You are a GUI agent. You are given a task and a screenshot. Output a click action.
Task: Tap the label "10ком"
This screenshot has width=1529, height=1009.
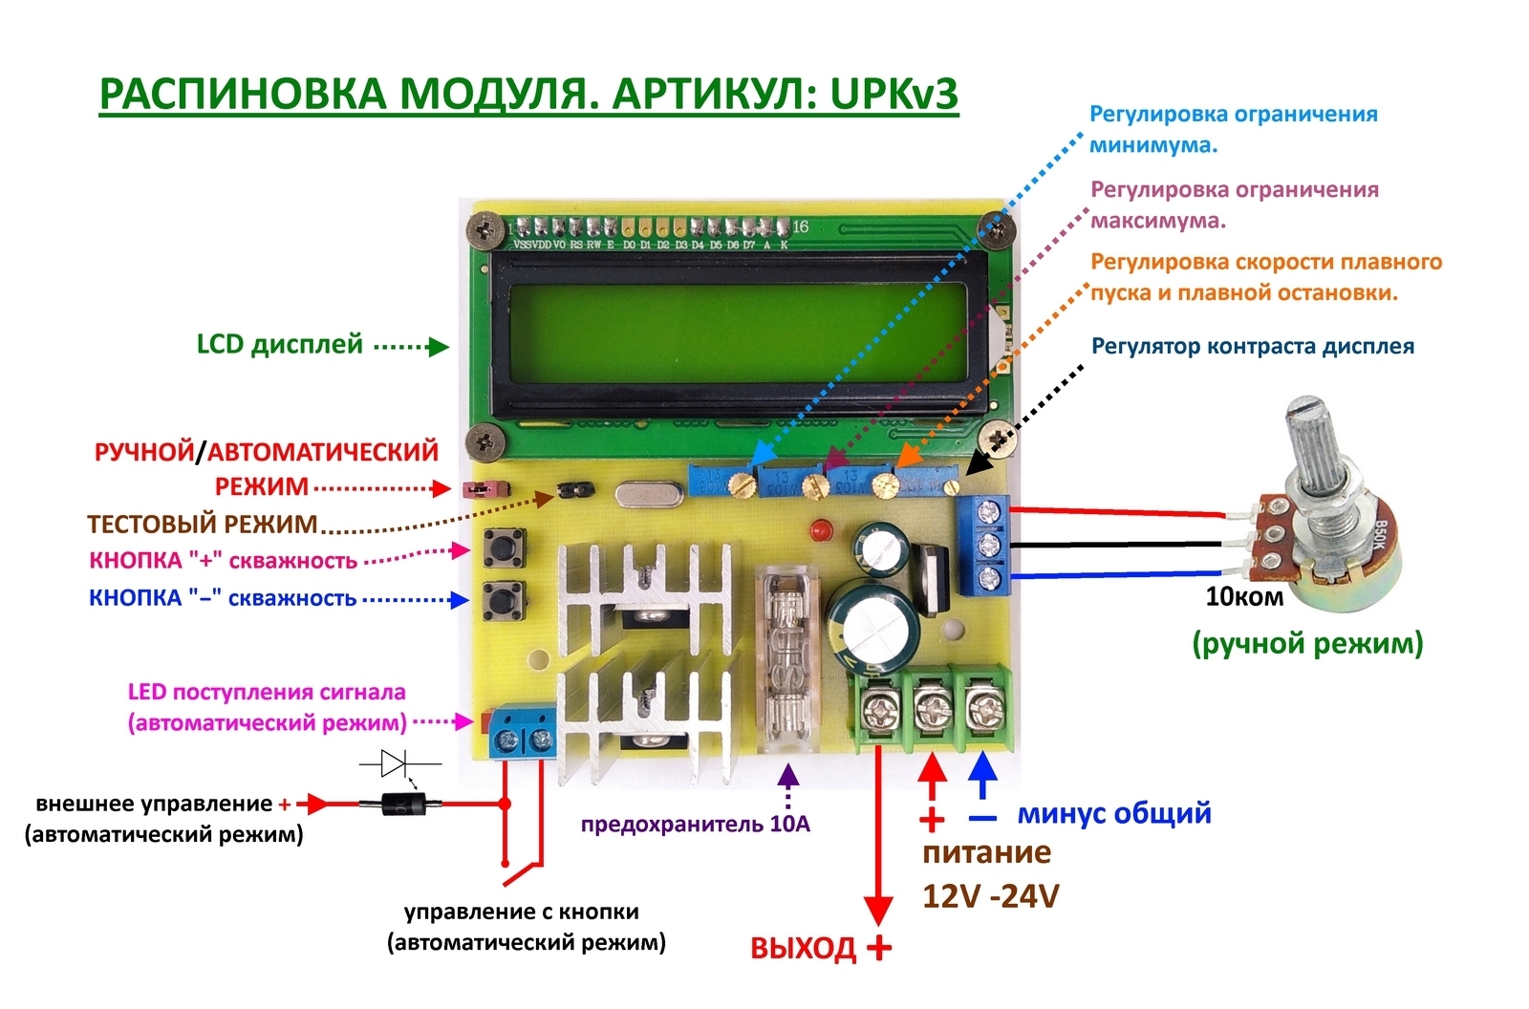(x=1244, y=597)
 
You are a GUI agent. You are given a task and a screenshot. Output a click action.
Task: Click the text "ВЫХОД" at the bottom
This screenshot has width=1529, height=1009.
(x=803, y=949)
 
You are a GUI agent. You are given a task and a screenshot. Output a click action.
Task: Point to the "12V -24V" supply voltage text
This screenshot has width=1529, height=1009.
(x=990, y=896)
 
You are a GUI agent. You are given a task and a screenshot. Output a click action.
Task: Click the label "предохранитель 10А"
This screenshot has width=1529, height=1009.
(x=695, y=824)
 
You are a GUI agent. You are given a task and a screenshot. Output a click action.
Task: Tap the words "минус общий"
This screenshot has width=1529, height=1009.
(x=1114, y=814)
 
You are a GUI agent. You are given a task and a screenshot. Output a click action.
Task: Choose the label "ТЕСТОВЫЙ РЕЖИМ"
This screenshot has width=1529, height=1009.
(x=202, y=524)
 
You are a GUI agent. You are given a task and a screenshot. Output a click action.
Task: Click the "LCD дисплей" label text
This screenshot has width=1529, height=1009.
(x=279, y=344)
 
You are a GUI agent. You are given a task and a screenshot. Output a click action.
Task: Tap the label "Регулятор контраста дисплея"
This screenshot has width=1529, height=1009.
(x=1252, y=346)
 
